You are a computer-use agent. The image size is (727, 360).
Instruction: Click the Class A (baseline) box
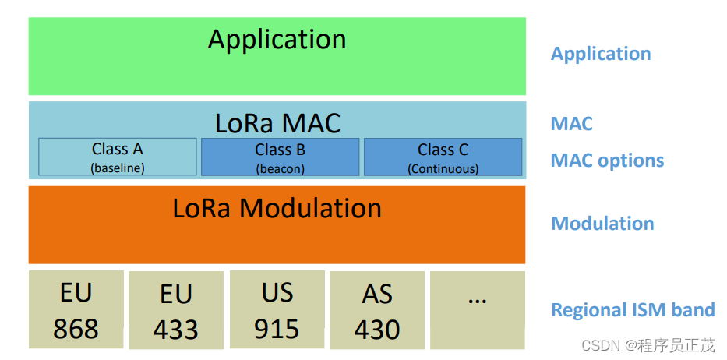tap(118, 157)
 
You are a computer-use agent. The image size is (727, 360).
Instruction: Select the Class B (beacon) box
tap(280, 157)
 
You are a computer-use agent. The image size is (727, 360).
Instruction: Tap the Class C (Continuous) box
tap(443, 157)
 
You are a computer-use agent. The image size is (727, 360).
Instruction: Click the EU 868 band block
tap(76, 309)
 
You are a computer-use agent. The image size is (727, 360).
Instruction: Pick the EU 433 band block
tap(176, 310)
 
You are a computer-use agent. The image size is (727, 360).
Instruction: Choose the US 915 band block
tap(277, 309)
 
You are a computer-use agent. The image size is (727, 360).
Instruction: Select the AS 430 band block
tap(377, 310)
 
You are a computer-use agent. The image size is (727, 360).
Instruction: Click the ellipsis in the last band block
tap(477, 300)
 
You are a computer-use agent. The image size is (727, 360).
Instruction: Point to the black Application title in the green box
tap(277, 40)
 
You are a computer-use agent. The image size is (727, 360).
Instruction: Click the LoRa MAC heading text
tap(277, 123)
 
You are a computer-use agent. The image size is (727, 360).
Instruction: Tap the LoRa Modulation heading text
tap(277, 208)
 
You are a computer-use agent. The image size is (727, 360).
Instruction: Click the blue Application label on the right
tap(601, 55)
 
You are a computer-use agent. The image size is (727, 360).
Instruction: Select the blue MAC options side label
tap(607, 161)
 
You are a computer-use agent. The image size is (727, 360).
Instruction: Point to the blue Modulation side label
tap(602, 223)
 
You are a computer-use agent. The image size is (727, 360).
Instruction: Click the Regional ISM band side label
tap(633, 309)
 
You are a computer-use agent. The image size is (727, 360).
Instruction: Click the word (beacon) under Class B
tap(280, 169)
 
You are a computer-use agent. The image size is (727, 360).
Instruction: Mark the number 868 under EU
tap(76, 329)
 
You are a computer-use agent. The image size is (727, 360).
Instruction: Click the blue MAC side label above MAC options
tap(572, 124)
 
